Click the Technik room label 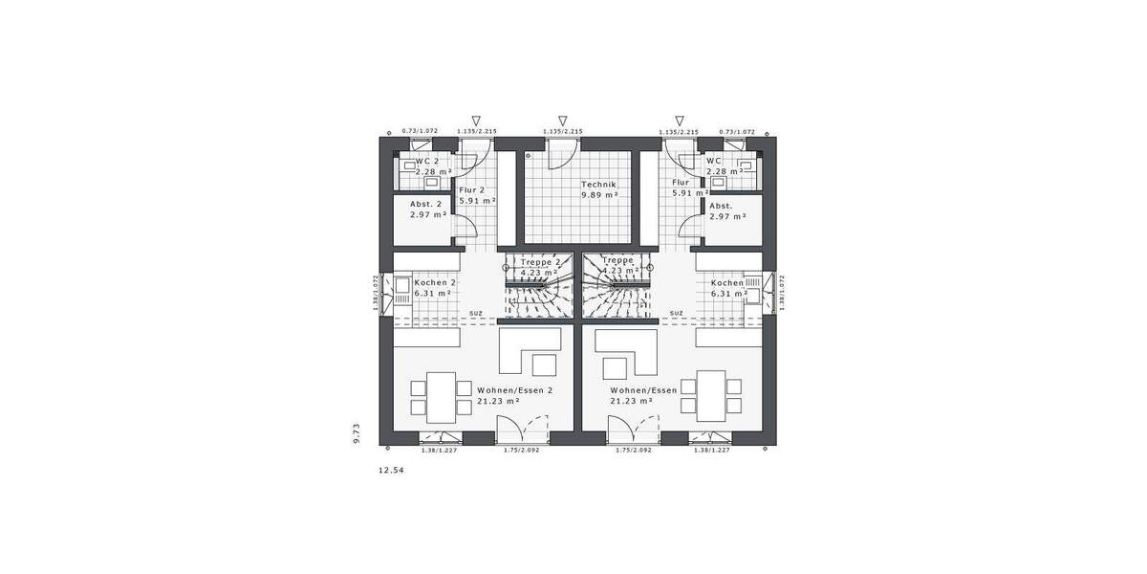point(599,184)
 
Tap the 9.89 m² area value point(599,195)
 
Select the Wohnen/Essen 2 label point(514,390)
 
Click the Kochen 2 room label point(435,283)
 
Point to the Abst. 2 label point(426,205)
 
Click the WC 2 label point(426,161)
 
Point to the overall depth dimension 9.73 point(357,432)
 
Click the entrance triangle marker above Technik point(562,121)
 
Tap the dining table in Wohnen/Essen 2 point(440,396)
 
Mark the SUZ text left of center point(475,313)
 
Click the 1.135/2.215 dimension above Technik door point(562,132)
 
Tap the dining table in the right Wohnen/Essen point(710,396)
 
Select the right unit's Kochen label point(726,283)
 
